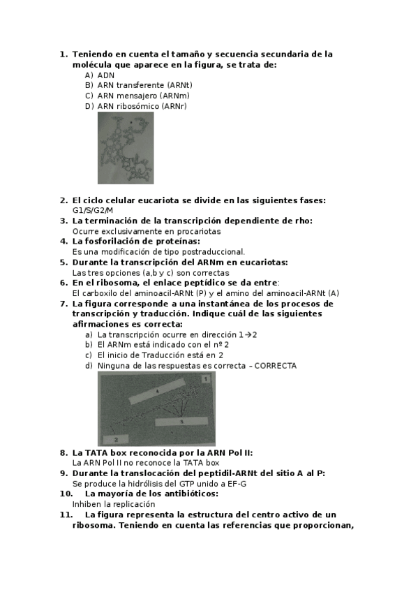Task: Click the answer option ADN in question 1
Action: click(106, 75)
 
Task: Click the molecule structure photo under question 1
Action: click(126, 147)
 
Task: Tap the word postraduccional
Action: click(210, 251)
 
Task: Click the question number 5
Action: click(63, 262)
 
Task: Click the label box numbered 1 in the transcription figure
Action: click(206, 378)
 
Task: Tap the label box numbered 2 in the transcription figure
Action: click(116, 439)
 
